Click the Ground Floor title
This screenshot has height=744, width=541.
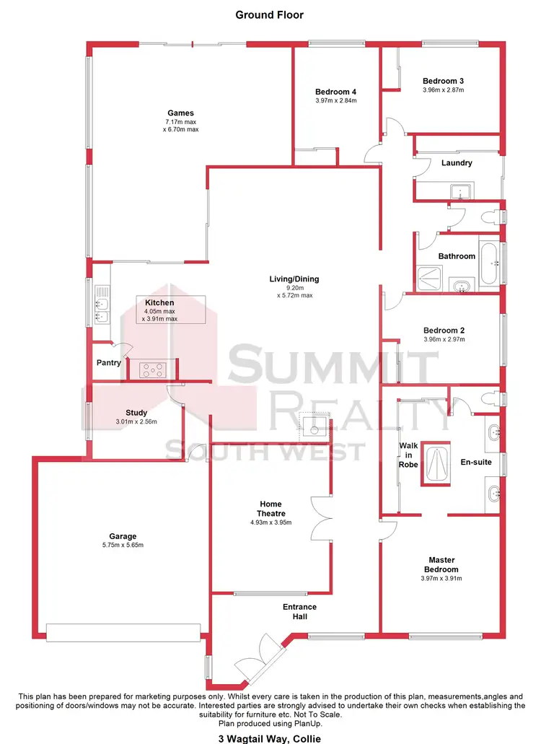tap(270, 14)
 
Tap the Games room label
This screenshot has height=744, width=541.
tap(180, 113)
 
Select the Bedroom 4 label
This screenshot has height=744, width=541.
tap(335, 92)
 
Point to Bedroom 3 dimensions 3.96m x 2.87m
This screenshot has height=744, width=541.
tap(443, 90)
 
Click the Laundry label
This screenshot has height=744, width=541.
tap(457, 163)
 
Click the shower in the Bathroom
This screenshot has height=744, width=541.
tap(428, 279)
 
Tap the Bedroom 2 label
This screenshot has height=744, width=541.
tap(444, 331)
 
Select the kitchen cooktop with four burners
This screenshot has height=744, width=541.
tap(153, 369)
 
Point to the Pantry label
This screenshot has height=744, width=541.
tap(108, 363)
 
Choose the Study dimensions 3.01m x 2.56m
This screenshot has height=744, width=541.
tap(136, 422)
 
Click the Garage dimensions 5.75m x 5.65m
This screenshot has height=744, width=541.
tap(123, 546)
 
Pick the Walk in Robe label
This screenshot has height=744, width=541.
tap(409, 455)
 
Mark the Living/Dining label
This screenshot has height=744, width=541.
tap(293, 279)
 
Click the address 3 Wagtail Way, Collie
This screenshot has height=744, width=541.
tap(270, 738)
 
